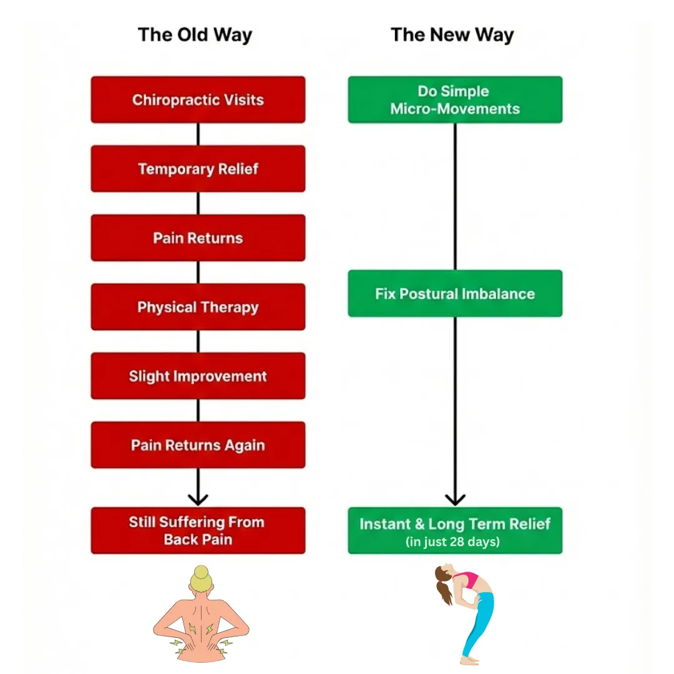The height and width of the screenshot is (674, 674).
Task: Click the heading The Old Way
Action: pos(195,34)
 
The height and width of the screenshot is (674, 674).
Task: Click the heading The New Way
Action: pos(452,34)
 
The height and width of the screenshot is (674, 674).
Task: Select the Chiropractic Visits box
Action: pos(198,100)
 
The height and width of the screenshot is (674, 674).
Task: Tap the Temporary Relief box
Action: pos(198,168)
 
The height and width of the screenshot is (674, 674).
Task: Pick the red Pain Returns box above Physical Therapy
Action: pos(198,238)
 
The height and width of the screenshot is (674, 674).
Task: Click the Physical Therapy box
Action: pos(198,307)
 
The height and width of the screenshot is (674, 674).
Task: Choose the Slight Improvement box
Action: pos(198,376)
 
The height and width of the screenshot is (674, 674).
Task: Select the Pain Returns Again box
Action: pos(198,445)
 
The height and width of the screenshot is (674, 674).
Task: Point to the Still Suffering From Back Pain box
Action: pos(198,530)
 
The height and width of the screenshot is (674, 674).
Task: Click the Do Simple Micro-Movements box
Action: pos(455,100)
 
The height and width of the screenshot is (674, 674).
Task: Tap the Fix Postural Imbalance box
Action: pos(455,293)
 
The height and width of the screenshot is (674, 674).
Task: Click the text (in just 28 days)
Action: pos(452,542)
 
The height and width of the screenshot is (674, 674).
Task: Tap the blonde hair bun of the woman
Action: pos(201,572)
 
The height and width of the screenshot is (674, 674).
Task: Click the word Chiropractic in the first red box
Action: pos(167,100)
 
